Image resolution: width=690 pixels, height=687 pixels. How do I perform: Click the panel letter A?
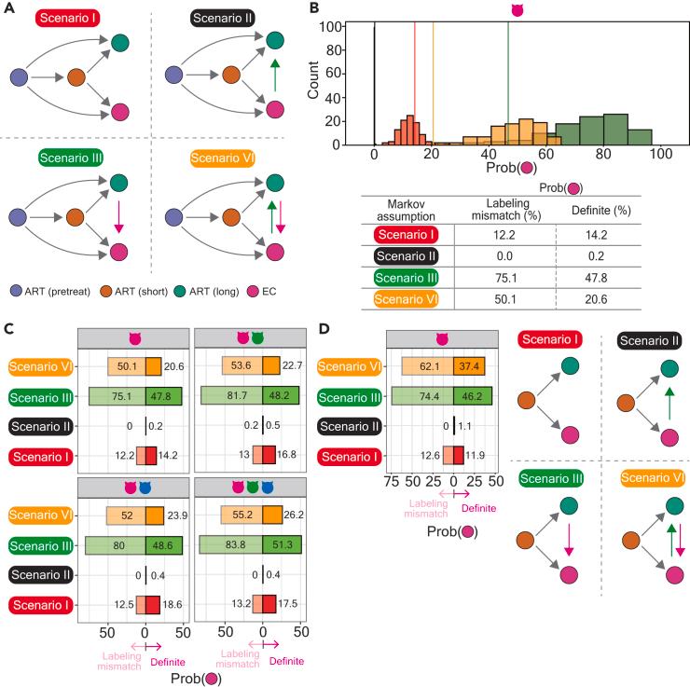(x=8, y=9)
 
